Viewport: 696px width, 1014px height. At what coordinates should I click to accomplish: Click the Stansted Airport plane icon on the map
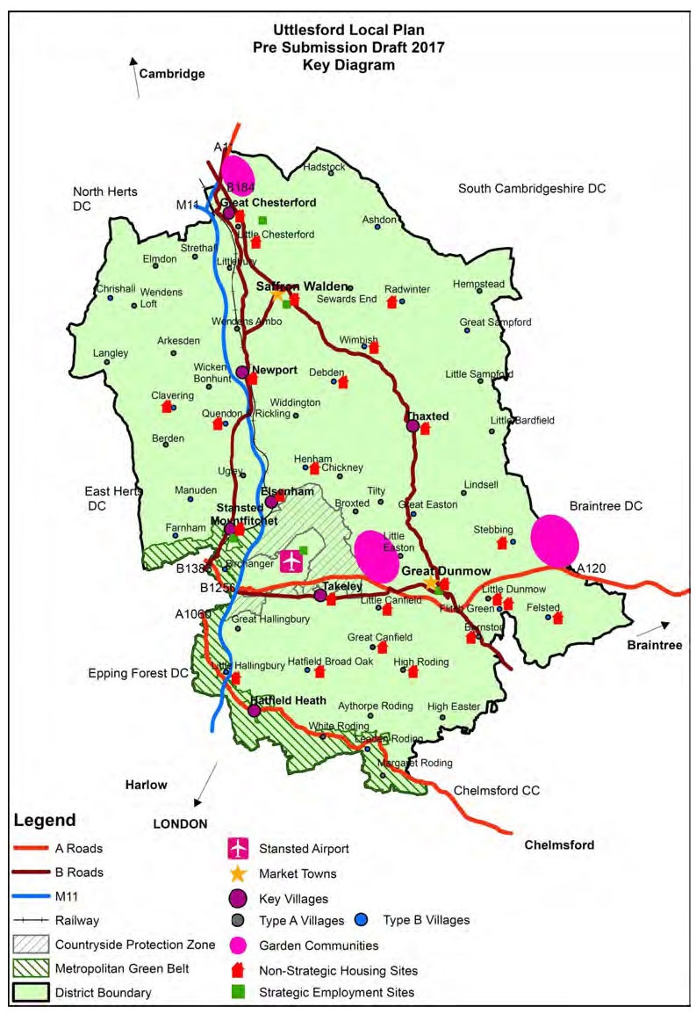[290, 561]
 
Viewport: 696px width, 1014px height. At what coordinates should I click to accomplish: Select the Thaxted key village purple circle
[413, 426]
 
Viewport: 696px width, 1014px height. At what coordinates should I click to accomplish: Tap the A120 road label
[592, 569]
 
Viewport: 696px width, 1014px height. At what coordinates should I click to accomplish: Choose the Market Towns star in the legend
[238, 873]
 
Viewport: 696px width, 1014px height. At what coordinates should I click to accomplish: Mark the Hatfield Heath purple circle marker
[255, 710]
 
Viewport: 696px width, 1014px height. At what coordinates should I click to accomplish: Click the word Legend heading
[44, 820]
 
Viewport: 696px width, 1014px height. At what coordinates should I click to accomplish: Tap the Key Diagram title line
[348, 65]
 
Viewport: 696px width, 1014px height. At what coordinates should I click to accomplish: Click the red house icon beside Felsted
[556, 618]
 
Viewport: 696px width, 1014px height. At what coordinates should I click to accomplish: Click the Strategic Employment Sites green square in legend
[238, 992]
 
